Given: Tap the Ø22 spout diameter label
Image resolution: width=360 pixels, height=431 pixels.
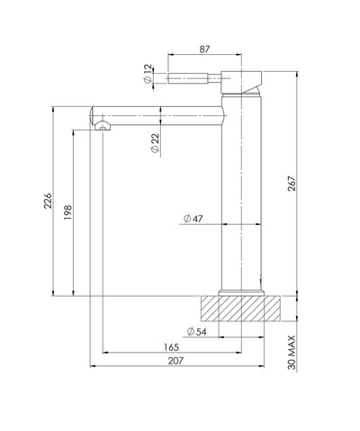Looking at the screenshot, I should (x=155, y=144).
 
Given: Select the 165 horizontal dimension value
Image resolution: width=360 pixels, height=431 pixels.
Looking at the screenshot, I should (x=172, y=347).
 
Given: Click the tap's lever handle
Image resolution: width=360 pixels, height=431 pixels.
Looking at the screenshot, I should (x=193, y=76).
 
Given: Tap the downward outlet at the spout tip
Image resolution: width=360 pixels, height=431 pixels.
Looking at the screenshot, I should (x=103, y=127).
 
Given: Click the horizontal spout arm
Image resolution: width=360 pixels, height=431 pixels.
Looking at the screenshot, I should (x=162, y=114).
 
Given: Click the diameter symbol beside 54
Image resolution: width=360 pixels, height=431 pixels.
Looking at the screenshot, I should (x=186, y=333).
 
